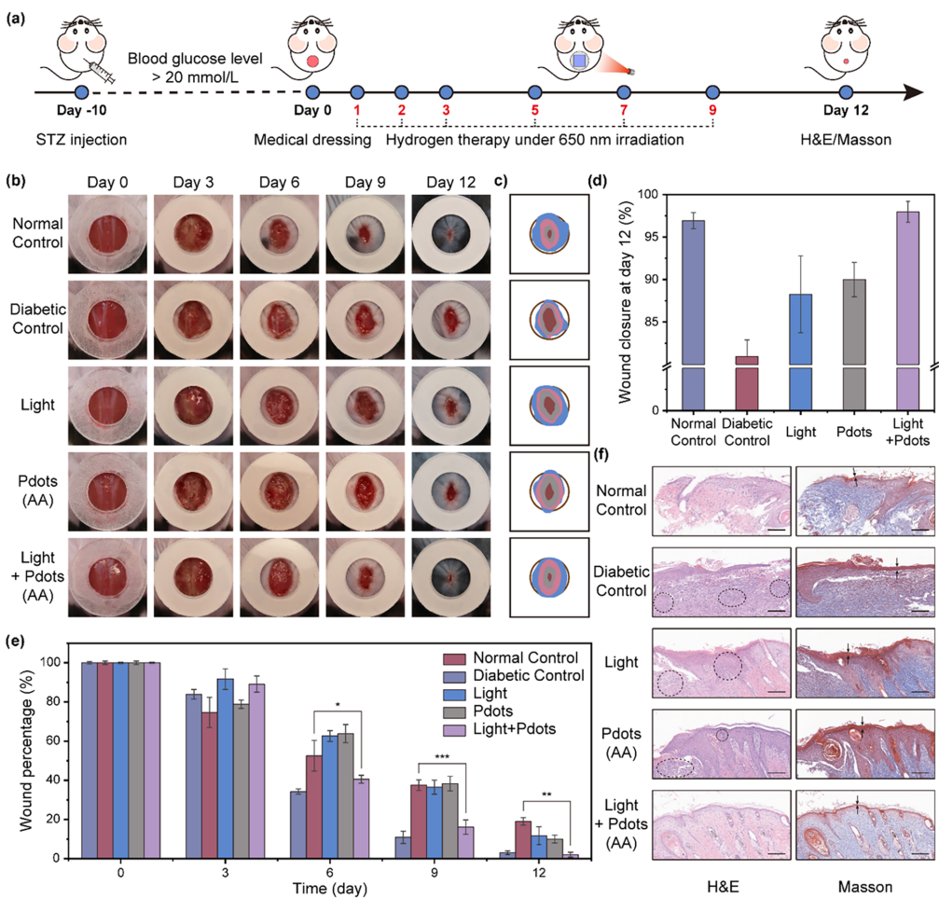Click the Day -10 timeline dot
tap(80, 92)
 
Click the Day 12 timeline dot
tap(847, 92)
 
